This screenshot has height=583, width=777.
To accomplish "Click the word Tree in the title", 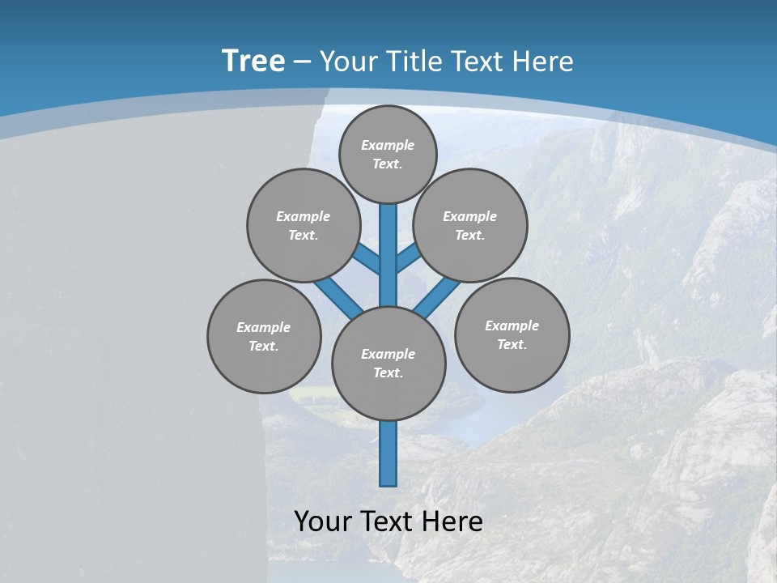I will point(253,61).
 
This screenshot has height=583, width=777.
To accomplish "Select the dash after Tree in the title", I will point(303,62).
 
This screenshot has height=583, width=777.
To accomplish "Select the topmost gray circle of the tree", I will point(388,154).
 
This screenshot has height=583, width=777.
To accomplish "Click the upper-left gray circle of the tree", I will point(303,225).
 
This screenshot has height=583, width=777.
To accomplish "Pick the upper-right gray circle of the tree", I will point(470,225).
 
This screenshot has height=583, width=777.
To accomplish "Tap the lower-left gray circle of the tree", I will point(264,336).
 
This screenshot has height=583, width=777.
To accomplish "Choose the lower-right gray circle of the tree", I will point(512,334).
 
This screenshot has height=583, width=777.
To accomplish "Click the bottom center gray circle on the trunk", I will point(388,363).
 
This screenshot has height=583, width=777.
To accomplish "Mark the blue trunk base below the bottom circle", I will point(388,453).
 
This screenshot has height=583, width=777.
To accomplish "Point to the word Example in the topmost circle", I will point(388,145).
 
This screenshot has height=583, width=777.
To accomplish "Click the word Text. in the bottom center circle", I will point(388,372).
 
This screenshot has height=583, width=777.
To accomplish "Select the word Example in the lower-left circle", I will point(263,327).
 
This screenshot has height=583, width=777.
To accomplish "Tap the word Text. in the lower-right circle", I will point(512,344).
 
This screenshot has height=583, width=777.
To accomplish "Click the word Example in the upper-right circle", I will point(469,216).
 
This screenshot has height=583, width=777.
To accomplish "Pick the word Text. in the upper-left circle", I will point(303,235).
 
